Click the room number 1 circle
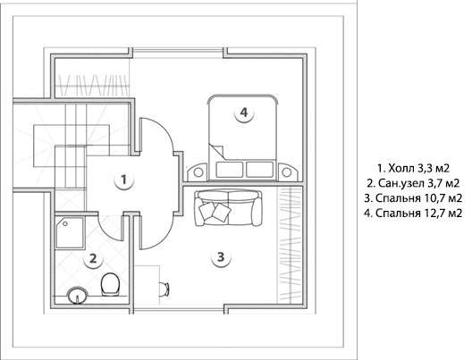click(x=123, y=180)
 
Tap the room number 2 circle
click(x=93, y=258)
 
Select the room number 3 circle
click(x=221, y=257)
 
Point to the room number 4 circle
click(x=244, y=113)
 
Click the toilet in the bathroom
click(x=110, y=284)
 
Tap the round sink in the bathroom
click(x=78, y=296)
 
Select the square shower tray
click(x=70, y=233)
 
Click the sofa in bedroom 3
click(x=228, y=208)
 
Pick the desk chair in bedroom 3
click(x=164, y=289)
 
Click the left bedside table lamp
click(x=198, y=172)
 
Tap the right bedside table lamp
click(x=286, y=172)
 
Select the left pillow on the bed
click(x=230, y=170)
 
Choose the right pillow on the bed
click(x=260, y=170)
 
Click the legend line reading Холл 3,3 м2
click(x=413, y=168)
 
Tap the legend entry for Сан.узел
click(x=413, y=183)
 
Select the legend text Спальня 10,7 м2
click(x=413, y=198)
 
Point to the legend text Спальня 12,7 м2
click(x=413, y=213)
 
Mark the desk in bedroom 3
click(x=147, y=285)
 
